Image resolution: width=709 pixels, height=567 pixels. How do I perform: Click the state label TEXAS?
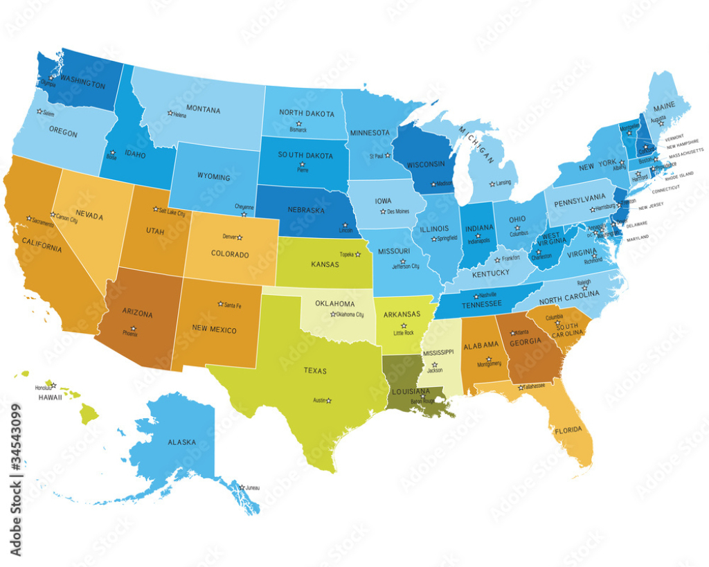pyautogui.click(x=315, y=371)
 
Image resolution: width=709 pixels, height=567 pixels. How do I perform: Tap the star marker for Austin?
pyautogui.click(x=329, y=400)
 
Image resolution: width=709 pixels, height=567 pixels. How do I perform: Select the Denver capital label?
pyautogui.click(x=230, y=237)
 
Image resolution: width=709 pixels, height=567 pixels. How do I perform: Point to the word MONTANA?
pyautogui.click(x=203, y=110)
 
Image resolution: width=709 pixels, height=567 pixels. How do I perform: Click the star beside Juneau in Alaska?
pyautogui.click(x=242, y=487)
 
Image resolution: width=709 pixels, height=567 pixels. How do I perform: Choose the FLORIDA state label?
pyautogui.click(x=568, y=431)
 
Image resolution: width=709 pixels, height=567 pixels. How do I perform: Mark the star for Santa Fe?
pyautogui.click(x=219, y=303)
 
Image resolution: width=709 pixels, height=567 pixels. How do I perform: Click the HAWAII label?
pyautogui.click(x=51, y=397)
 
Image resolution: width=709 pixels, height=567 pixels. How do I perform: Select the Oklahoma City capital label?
pyautogui.click(x=350, y=314)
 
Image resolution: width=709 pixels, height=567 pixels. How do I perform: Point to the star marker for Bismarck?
pyautogui.click(x=298, y=124)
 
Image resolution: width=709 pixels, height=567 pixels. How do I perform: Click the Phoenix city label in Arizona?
pyautogui.click(x=129, y=334)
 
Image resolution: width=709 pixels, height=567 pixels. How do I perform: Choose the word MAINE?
pyautogui.click(x=664, y=107)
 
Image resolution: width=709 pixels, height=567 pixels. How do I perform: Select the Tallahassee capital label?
pyautogui.click(x=535, y=386)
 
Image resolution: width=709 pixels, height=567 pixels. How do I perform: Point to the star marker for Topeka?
pyautogui.click(x=357, y=254)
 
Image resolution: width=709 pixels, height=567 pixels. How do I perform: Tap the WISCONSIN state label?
pyautogui.click(x=425, y=165)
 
